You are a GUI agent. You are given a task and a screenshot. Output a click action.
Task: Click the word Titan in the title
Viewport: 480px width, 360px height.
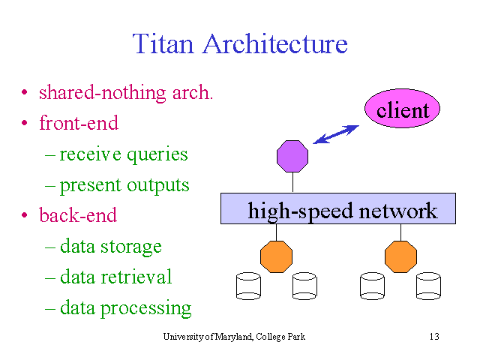point(163,43)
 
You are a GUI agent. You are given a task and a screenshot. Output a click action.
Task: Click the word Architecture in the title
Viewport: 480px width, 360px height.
point(275,43)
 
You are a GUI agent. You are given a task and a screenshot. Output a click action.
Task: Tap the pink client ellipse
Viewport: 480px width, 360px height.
point(402,108)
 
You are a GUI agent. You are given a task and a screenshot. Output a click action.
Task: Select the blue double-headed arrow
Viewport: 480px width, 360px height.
point(336,134)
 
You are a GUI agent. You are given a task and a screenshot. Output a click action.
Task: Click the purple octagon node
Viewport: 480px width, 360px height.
point(292,156)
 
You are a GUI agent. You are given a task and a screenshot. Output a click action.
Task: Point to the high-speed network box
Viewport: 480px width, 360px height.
point(338,208)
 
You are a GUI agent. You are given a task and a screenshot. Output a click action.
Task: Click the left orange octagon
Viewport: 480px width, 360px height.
point(276,256)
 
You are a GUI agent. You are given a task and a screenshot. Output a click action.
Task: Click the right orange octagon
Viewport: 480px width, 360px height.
point(400,256)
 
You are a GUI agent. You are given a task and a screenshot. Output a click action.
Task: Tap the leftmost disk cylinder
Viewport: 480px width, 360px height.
point(248,286)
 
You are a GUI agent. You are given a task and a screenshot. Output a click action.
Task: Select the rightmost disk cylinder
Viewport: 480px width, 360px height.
point(428,286)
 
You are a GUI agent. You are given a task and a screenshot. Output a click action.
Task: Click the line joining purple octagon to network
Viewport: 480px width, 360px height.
point(293,182)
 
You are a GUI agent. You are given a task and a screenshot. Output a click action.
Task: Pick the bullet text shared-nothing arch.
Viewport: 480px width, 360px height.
point(126,93)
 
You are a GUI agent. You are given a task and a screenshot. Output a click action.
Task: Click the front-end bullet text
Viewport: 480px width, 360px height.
point(79,123)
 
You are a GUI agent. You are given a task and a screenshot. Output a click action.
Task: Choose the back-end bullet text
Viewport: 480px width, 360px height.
point(78,214)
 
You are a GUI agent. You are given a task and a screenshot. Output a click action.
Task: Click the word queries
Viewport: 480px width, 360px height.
point(157,155)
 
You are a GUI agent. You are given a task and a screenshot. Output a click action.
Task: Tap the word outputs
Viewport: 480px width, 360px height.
point(158,185)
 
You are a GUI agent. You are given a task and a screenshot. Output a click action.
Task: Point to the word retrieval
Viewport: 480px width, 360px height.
point(136,276)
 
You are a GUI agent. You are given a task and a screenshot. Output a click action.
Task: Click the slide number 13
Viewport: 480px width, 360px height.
point(434,337)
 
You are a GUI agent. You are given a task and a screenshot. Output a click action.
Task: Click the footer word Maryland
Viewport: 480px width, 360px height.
point(234,337)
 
